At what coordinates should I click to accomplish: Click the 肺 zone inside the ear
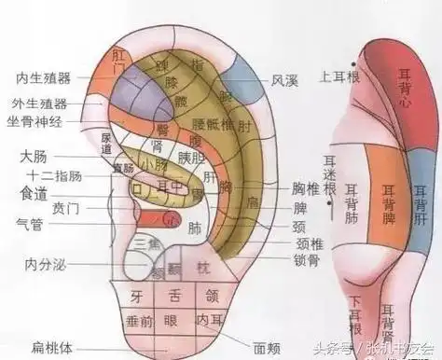point(194,227)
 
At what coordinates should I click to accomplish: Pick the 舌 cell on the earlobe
point(175,298)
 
